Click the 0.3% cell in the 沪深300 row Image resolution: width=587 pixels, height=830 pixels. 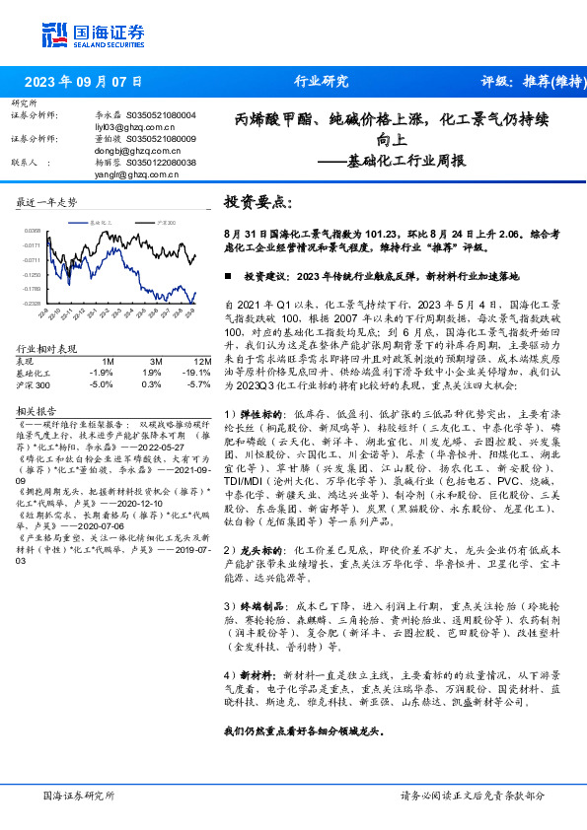(x=151, y=383)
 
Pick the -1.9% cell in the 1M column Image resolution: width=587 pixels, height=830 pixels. (x=101, y=373)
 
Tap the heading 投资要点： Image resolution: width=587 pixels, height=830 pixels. (x=258, y=201)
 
